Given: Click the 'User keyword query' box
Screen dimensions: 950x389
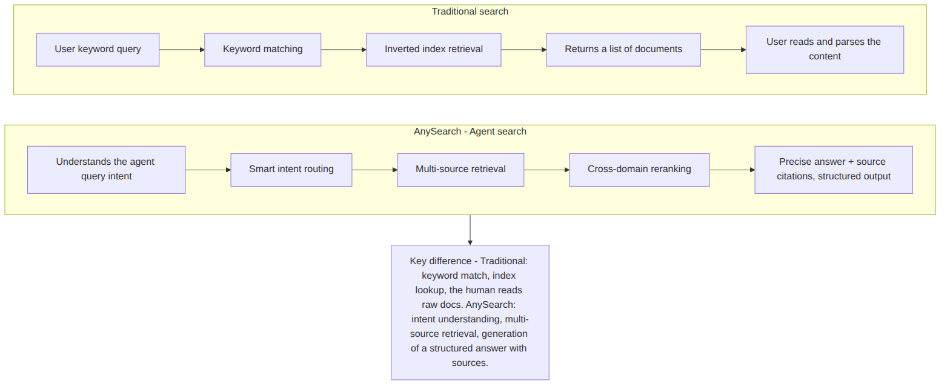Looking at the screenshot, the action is pyautogui.click(x=98, y=50).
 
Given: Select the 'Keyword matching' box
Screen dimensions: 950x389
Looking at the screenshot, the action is pyautogui.click(x=262, y=50).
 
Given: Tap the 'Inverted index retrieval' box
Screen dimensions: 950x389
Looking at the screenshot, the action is pyautogui.click(x=433, y=50).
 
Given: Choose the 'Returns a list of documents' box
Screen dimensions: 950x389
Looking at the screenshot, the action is pyautogui.click(x=623, y=50).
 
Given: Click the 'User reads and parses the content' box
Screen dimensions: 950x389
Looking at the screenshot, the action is pyautogui.click(x=825, y=50).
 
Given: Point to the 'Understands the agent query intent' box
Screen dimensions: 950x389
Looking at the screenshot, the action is pyautogui.click(x=107, y=170).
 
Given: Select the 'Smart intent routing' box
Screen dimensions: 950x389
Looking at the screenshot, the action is pyautogui.click(x=291, y=170).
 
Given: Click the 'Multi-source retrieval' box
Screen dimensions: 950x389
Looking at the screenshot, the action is pyautogui.click(x=460, y=170).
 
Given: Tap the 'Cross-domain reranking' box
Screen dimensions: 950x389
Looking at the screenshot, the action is pyautogui.click(x=639, y=170).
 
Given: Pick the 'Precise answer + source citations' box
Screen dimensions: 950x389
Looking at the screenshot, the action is pyautogui.click(x=834, y=170).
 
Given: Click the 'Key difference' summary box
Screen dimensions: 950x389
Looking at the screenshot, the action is pyautogui.click(x=470, y=312).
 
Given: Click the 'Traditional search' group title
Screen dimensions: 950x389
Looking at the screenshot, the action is pyautogui.click(x=470, y=12).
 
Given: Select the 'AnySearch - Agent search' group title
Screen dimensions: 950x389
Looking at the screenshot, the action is pyautogui.click(x=470, y=131).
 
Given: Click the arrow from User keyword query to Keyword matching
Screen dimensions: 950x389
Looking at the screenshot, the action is pyautogui.click(x=182, y=50).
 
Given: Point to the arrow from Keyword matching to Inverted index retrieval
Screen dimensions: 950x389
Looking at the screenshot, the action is pyautogui.click(x=344, y=50).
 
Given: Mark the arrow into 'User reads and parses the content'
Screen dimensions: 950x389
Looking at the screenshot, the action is pyautogui.click(x=723, y=50).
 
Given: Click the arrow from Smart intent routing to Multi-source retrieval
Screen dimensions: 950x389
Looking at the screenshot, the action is pyautogui.click(x=375, y=170).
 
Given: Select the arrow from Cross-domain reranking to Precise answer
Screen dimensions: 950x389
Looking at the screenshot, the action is pyautogui.click(x=732, y=170).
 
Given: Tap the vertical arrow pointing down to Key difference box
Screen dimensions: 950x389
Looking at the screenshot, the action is pyautogui.click(x=470, y=230).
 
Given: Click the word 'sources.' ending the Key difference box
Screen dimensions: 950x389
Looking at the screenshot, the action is pyautogui.click(x=470, y=363).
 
